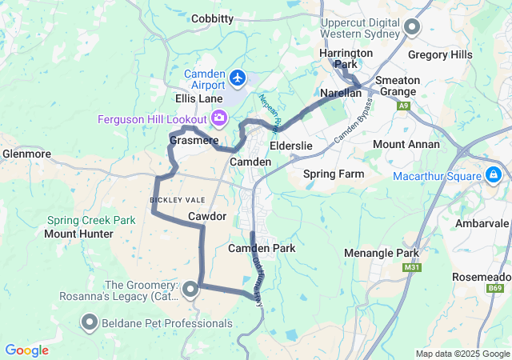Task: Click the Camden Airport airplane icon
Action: click(x=238, y=78)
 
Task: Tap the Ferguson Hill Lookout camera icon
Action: click(x=219, y=118)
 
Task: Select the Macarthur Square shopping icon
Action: click(x=494, y=174)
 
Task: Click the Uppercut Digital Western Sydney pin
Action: click(x=413, y=28)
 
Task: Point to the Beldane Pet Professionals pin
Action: click(x=89, y=323)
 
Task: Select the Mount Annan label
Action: click(x=406, y=145)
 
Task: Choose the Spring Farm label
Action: click(x=334, y=174)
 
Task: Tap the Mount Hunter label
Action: click(x=78, y=234)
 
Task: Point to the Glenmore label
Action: click(x=27, y=153)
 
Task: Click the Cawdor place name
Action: click(x=207, y=217)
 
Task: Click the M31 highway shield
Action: click(x=412, y=267)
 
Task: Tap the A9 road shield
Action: click(x=406, y=105)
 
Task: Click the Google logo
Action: click(x=26, y=350)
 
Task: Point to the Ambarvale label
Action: click(x=482, y=223)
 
